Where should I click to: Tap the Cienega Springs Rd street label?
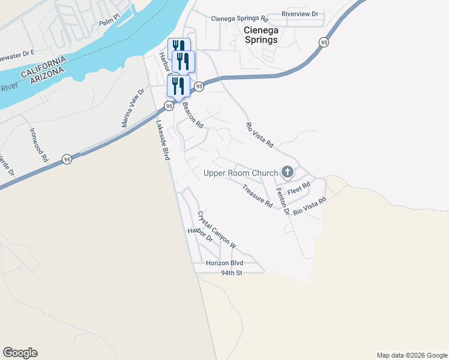[239, 19]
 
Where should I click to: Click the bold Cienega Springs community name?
[261, 34]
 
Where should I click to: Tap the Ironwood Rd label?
[39, 145]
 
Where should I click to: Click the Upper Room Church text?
[241, 173]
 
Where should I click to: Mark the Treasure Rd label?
[258, 196]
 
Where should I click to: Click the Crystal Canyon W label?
[217, 230]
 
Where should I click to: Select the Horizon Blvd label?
[224, 263]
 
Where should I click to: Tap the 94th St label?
[231, 273]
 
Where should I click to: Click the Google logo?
[20, 353]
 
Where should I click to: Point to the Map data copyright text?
[412, 355]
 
